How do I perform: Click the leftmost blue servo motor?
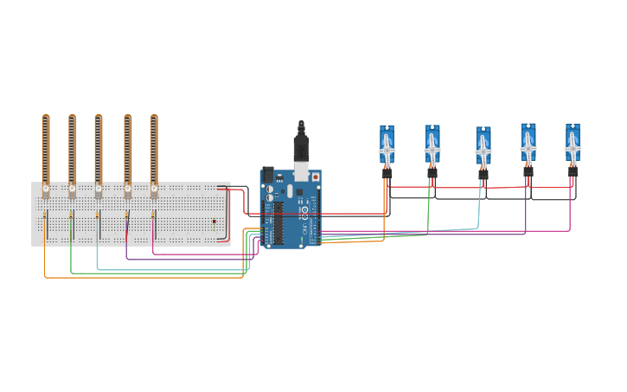coord(387,145)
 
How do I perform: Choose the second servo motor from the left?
coord(432,145)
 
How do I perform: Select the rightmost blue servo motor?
coord(573,144)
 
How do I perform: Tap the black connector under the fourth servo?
coord(528,172)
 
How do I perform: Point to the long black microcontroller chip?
coord(278,222)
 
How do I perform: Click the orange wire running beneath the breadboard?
coord(138,278)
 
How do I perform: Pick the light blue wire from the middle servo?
coord(479,208)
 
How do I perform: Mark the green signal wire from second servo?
coord(428,212)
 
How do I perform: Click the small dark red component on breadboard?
coord(214,222)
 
